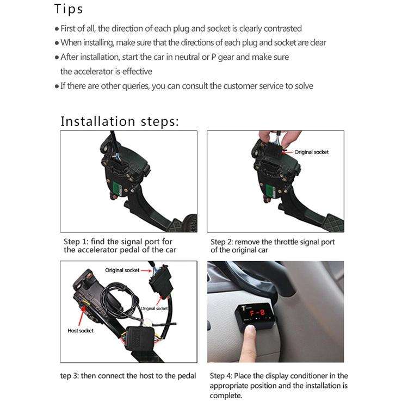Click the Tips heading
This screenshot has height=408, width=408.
click(x=69, y=9)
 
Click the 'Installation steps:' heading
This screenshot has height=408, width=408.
click(x=119, y=121)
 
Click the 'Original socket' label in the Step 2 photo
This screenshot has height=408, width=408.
click(x=311, y=152)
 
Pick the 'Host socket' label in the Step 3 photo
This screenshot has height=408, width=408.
click(x=81, y=330)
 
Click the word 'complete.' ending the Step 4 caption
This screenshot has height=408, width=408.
click(x=226, y=395)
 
